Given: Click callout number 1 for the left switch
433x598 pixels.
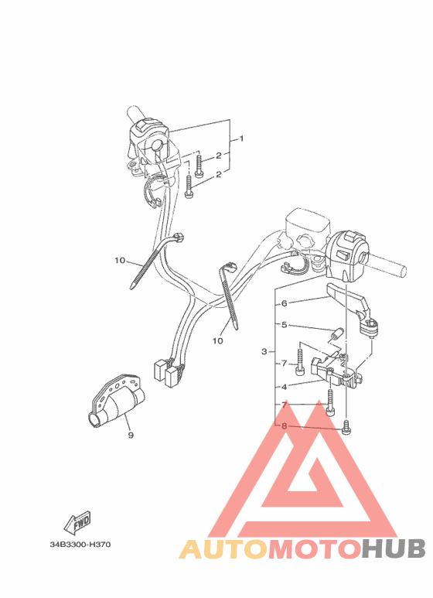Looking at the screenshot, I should (x=242, y=139).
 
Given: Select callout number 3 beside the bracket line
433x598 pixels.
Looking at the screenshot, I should (x=264, y=352).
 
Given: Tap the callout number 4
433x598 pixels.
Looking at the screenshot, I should (x=285, y=386).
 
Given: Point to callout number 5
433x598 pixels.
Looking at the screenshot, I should (x=285, y=326).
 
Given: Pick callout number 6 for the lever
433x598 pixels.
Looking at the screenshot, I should (x=285, y=304).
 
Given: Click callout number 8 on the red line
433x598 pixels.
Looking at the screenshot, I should (x=285, y=426).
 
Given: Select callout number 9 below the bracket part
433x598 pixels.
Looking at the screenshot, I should (x=131, y=436).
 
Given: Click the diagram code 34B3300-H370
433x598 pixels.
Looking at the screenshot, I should (x=80, y=545).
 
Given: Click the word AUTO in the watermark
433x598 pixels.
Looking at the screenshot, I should (x=224, y=549).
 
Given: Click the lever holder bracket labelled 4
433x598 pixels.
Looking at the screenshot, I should (x=336, y=373).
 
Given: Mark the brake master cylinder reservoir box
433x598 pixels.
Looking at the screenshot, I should (x=305, y=225).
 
